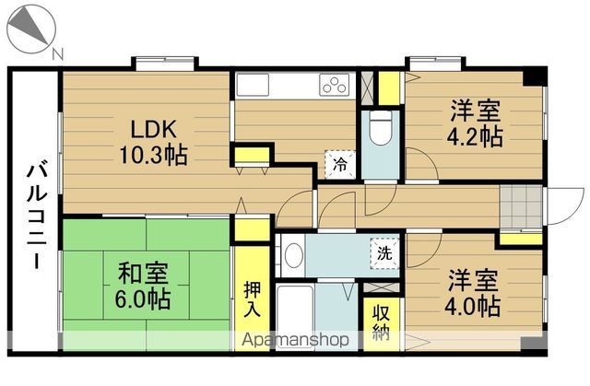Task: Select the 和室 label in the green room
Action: (x=141, y=274)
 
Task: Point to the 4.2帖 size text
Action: (x=476, y=136)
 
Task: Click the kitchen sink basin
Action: (x=252, y=85)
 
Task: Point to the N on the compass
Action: (x=58, y=53)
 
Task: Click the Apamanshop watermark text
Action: (x=296, y=340)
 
